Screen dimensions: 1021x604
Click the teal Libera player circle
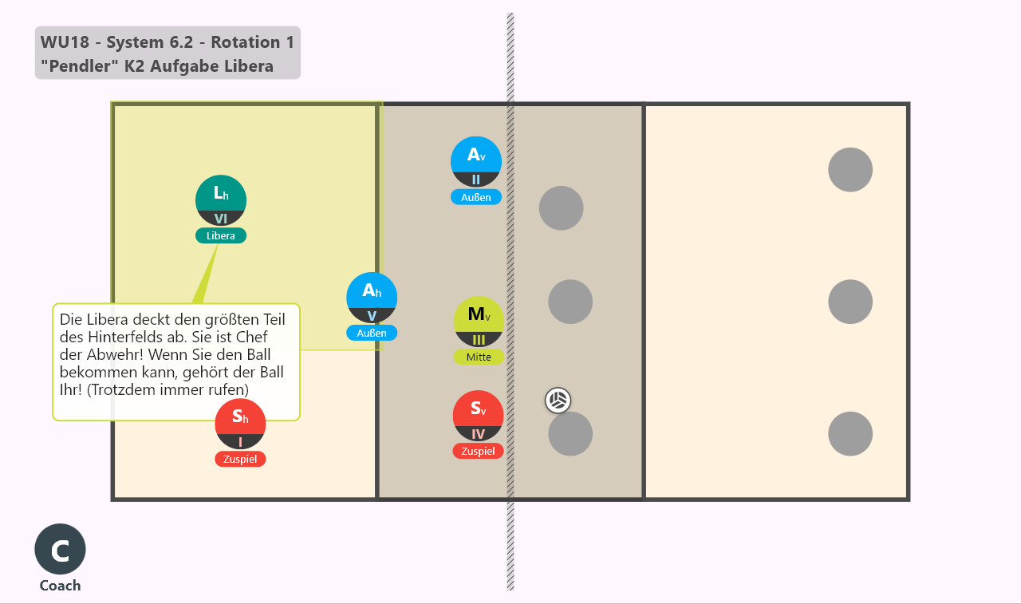pyautogui.click(x=221, y=200)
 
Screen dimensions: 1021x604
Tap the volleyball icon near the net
pyautogui.click(x=558, y=401)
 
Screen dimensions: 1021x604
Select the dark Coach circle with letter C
pyautogui.click(x=60, y=549)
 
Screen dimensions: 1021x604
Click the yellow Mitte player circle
pyautogui.click(x=479, y=322)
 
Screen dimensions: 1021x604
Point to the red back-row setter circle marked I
pyautogui.click(x=240, y=424)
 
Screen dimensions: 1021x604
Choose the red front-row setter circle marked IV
pyautogui.click(x=478, y=416)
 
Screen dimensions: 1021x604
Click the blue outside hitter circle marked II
pyautogui.click(x=476, y=162)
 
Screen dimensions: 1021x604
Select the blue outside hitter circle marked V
pyautogui.click(x=372, y=298)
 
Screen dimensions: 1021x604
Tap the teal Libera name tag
pyautogui.click(x=221, y=235)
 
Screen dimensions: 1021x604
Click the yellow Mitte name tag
pyautogui.click(x=479, y=357)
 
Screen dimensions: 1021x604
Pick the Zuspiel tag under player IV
pyautogui.click(x=478, y=451)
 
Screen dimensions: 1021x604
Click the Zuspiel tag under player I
pyautogui.click(x=240, y=459)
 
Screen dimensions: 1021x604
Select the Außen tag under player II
pyautogui.click(x=476, y=197)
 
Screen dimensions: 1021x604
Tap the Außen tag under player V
pyautogui.click(x=372, y=334)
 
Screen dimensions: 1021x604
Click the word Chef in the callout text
pyautogui.click(x=251, y=337)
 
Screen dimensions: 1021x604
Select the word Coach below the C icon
pyautogui.click(x=60, y=586)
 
